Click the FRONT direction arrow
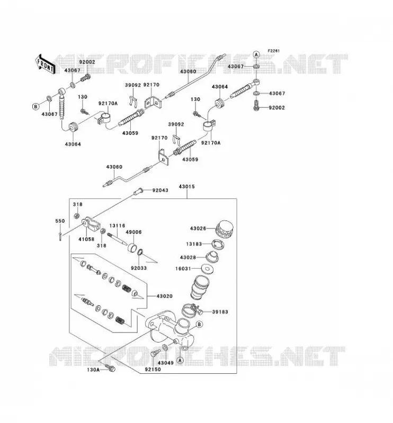click(45, 64)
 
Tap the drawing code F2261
click(273, 51)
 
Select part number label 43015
click(186, 187)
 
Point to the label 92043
click(160, 190)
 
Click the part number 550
click(60, 221)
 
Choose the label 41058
click(86, 239)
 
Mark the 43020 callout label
click(165, 296)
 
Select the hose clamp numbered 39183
click(191, 310)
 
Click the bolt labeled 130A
click(110, 367)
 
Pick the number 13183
click(194, 244)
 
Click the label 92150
click(153, 370)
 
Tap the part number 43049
click(166, 363)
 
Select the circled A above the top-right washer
click(256, 54)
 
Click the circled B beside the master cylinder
click(199, 324)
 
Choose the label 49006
click(133, 232)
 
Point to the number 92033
click(139, 268)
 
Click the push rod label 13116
click(117, 226)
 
